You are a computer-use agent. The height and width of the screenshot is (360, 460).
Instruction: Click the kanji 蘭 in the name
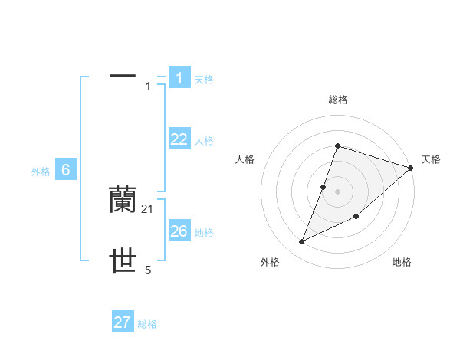[123, 199]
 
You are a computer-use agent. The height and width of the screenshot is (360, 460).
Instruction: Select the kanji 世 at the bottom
[123, 262]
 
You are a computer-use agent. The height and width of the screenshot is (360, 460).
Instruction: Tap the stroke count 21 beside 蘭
[148, 208]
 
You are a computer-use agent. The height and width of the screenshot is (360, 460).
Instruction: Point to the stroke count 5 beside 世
[148, 270]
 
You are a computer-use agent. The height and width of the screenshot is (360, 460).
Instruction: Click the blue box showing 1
[179, 78]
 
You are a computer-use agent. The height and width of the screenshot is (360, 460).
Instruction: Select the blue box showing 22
[179, 139]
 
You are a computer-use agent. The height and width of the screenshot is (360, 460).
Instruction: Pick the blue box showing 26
[179, 231]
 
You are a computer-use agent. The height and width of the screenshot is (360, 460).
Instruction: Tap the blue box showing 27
[123, 322]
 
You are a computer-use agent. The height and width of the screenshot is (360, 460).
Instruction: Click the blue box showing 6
[66, 170]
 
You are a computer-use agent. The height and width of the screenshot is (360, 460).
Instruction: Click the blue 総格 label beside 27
[147, 324]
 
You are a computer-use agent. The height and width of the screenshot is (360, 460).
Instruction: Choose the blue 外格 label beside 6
[41, 172]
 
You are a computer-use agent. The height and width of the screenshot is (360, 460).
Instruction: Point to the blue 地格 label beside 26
[204, 233]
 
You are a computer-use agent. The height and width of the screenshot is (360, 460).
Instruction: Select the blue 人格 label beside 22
[204, 141]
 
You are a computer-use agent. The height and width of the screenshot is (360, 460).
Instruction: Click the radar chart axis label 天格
[431, 159]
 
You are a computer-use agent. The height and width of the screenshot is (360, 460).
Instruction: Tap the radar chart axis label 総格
[338, 100]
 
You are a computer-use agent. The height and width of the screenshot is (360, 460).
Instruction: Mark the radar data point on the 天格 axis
[411, 168]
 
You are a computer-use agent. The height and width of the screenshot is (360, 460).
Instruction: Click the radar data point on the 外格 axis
[302, 242]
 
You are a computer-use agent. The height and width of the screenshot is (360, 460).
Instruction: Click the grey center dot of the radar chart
[338, 191]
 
